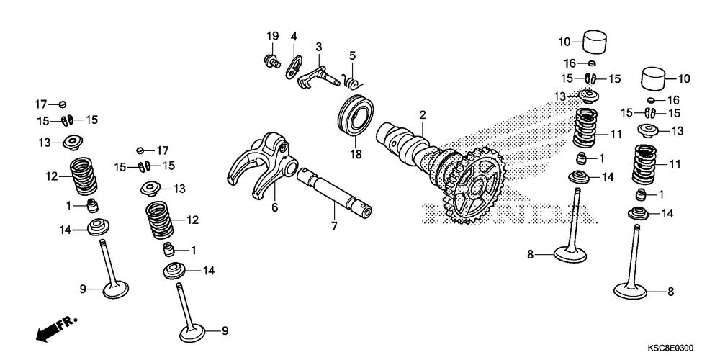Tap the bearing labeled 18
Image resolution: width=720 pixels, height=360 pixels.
(356, 115)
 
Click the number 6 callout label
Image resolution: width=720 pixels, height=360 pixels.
(274, 207)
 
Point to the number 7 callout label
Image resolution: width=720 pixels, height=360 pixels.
(334, 226)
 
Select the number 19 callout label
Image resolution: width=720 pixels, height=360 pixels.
(272, 36)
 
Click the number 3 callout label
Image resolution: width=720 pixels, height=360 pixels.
(318, 46)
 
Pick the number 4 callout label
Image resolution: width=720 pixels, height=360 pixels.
(294, 36)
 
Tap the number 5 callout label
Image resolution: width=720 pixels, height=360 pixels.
(352, 55)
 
